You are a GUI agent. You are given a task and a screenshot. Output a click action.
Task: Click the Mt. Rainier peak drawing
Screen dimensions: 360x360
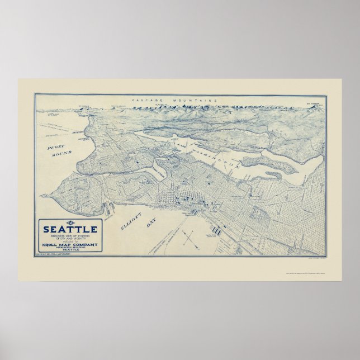316,107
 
